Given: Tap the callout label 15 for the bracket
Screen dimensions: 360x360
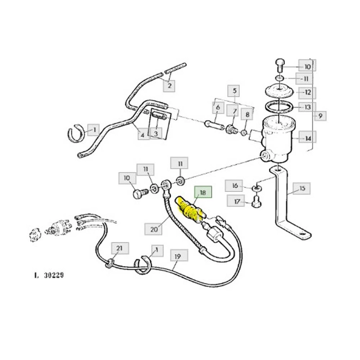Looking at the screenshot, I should pos(302,189).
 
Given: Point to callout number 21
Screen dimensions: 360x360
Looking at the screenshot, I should pos(119,249).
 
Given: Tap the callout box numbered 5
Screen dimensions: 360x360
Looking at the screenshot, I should pos(235,92).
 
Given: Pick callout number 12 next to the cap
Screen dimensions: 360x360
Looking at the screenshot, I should pos(308,93).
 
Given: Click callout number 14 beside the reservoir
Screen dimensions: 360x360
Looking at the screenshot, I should pos(308,138).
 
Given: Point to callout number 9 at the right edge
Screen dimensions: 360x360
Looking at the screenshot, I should pos(320,116).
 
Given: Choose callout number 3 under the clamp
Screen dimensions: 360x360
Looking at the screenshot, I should pos(155,134).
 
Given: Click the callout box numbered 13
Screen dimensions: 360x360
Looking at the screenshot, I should pos(308,107).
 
